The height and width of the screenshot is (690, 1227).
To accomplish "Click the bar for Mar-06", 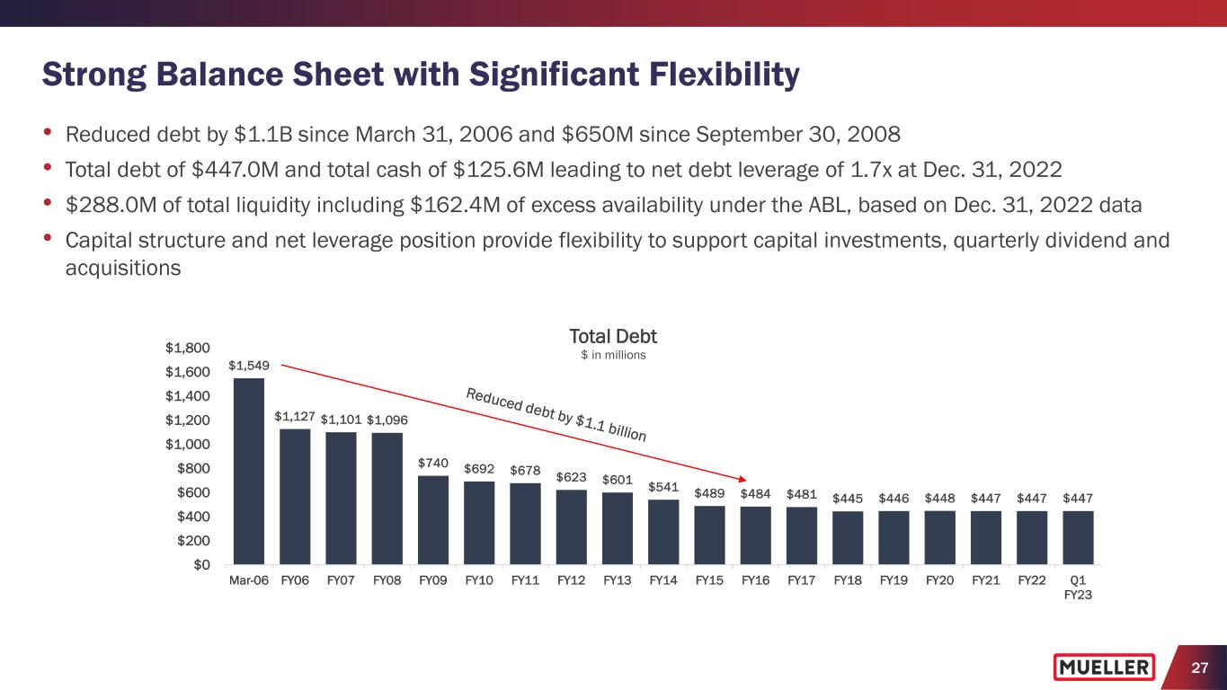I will (249, 471).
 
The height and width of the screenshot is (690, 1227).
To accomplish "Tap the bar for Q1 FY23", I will (1078, 537).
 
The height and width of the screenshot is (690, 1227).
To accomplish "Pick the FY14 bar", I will (663, 532).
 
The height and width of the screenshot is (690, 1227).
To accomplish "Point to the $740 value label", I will (433, 463).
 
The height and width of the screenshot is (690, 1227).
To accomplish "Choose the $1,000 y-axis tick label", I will (188, 445).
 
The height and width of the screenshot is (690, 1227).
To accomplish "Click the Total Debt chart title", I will (613, 336).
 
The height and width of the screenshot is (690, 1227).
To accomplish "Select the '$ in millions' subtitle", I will (613, 355).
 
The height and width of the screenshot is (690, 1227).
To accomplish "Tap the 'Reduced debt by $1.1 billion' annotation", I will (556, 414).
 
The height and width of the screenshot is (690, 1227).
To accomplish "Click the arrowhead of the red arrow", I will (744, 479).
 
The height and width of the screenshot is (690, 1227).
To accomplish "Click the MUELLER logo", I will (1104, 668).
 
